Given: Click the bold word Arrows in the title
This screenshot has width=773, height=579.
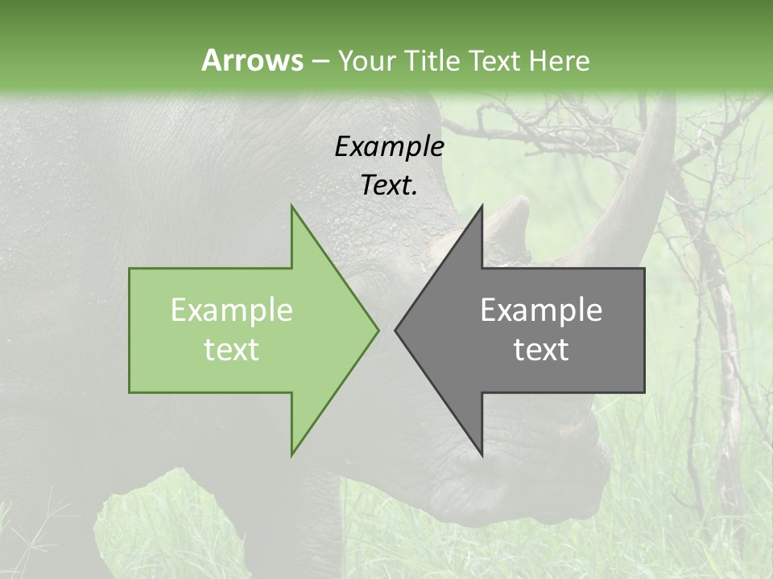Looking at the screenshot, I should [x=252, y=60].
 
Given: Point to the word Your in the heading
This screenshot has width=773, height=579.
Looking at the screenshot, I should [x=367, y=61].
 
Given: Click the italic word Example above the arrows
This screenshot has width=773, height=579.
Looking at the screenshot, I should [x=389, y=146].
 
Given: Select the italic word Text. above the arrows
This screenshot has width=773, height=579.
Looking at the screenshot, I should [x=389, y=185].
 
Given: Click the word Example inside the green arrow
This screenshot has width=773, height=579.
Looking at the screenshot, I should [x=231, y=310].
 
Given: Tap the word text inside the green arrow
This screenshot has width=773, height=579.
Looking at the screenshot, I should [x=231, y=350].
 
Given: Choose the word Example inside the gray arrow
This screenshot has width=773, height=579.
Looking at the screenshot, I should [x=541, y=310].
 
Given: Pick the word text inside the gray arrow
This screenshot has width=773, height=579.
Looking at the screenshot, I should [x=541, y=350].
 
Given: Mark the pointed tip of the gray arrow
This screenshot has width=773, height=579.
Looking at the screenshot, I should [x=396, y=329].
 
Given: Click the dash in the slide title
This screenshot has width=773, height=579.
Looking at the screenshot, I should [x=320, y=61].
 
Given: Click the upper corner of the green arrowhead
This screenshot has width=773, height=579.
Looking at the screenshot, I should [x=292, y=207].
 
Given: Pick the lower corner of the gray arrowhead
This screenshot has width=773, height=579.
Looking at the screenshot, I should [x=482, y=454].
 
